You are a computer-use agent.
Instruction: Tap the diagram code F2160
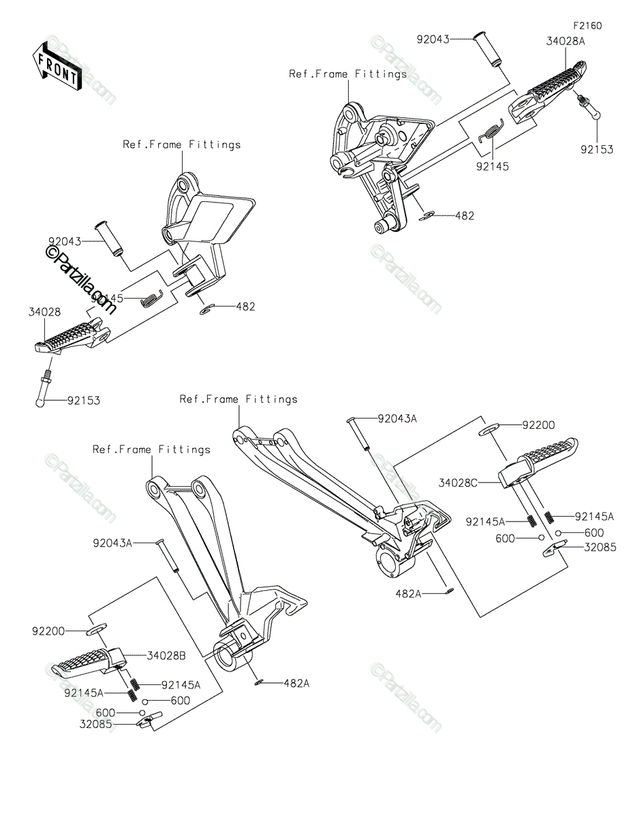pos(587,26)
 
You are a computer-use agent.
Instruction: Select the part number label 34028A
pos(566,40)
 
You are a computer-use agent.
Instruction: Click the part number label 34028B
pos(166,656)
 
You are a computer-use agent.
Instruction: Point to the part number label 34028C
pos(457,483)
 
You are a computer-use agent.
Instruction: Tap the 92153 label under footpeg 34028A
pos(597,150)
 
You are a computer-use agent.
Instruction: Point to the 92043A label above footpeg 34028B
pos(113,543)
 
